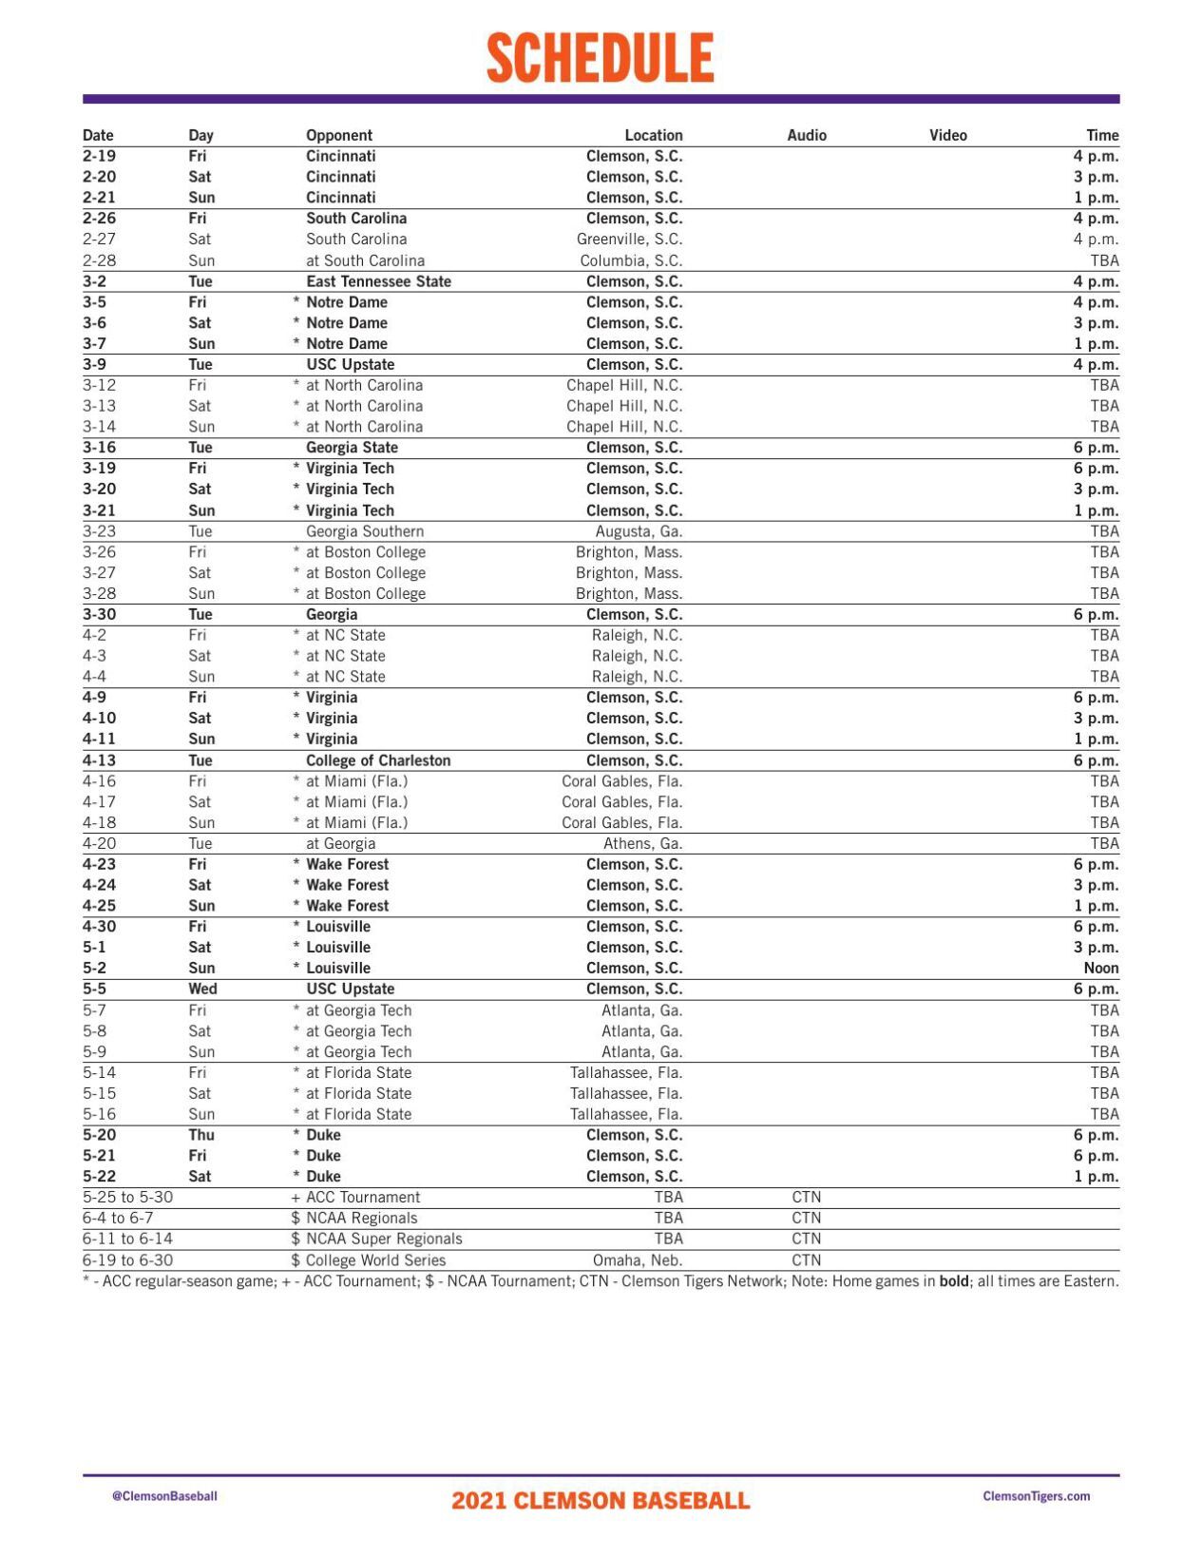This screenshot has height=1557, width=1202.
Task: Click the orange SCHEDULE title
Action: click(600, 58)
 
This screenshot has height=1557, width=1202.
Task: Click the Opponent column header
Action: click(338, 135)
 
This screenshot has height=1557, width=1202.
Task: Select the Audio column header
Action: click(806, 135)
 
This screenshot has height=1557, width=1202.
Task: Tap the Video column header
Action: click(947, 135)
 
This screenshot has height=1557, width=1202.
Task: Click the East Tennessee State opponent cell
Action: click(378, 281)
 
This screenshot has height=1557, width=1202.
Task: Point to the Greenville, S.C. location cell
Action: click(629, 240)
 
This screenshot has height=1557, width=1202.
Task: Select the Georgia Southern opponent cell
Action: click(364, 531)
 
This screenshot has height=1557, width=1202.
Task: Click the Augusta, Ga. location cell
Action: click(639, 531)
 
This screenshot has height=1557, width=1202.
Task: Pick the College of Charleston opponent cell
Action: click(378, 760)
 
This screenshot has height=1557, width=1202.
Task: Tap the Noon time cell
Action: click(1100, 969)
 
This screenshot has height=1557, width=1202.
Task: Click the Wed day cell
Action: click(202, 990)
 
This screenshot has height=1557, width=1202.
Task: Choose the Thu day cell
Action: click(201, 1135)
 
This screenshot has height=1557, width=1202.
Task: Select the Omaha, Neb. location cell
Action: click(638, 1260)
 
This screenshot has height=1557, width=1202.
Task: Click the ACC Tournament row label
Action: click(362, 1198)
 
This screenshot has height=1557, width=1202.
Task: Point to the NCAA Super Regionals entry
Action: click(383, 1240)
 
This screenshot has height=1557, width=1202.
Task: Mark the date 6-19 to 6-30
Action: click(127, 1260)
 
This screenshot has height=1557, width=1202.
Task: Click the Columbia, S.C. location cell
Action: click(631, 260)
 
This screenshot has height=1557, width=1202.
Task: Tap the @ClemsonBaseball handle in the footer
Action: click(164, 1496)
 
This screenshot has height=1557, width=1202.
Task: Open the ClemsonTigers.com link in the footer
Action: click(1036, 1496)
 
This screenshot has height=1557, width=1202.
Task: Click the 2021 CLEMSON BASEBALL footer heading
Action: click(601, 1501)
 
